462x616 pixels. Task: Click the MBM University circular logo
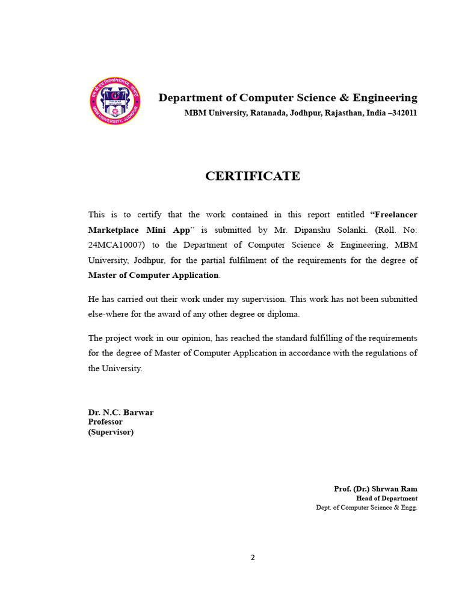point(115,101)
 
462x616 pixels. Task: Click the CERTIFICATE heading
point(253,176)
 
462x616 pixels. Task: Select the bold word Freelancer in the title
point(395,215)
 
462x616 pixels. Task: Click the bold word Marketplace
point(112,230)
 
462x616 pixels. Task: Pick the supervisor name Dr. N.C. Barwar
point(121,412)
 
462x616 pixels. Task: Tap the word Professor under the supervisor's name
point(105,422)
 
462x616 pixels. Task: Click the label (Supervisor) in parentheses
point(111,432)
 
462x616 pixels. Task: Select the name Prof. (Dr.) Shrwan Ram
point(375,488)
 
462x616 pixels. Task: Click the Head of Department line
point(386,498)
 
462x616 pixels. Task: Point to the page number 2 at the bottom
point(253,558)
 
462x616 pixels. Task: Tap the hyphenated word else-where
point(110,314)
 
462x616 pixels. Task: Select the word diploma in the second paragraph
point(283,314)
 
